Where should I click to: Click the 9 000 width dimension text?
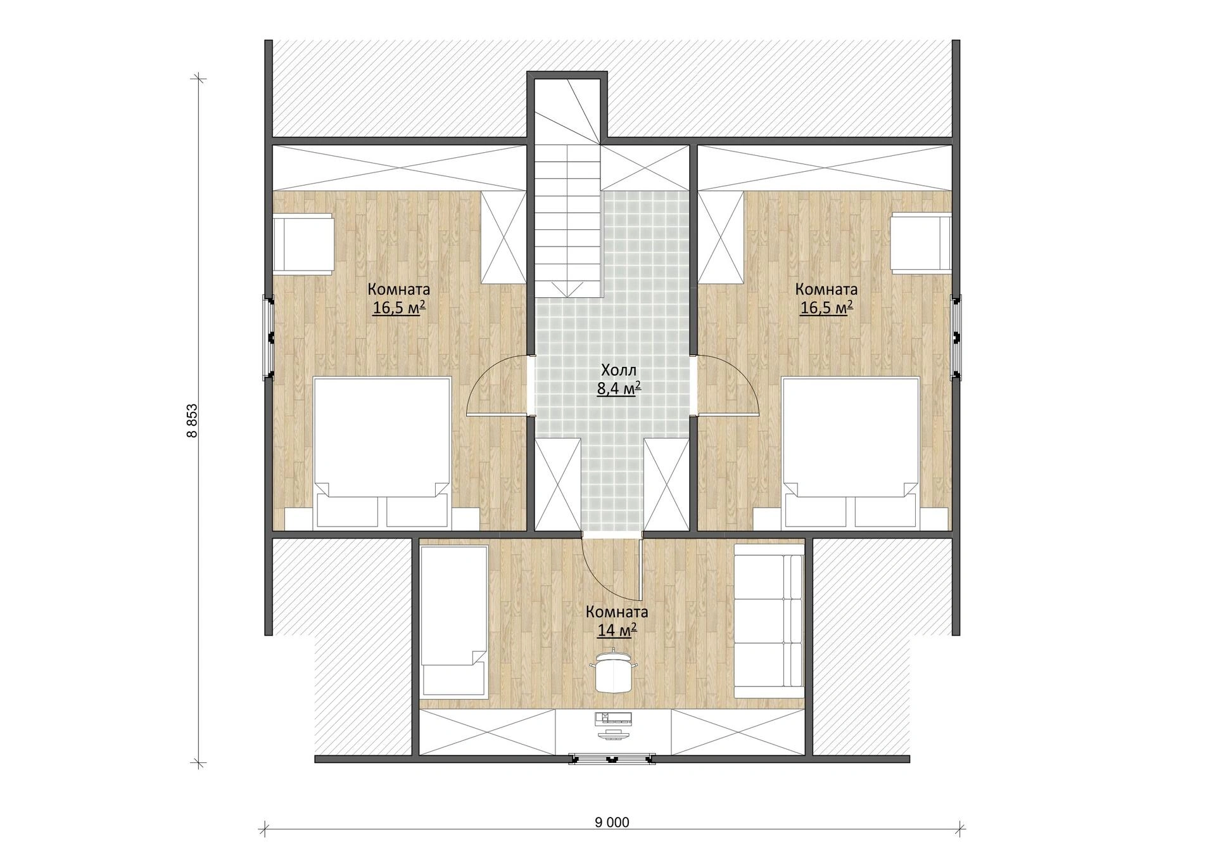(612, 822)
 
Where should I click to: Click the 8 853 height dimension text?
(192, 421)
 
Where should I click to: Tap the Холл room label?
(618, 370)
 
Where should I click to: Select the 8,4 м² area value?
(619, 388)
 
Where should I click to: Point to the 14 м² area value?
(617, 630)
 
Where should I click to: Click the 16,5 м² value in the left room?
(398, 308)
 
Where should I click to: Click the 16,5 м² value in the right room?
(826, 308)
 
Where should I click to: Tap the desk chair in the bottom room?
(613, 671)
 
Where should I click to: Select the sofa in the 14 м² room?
(769, 627)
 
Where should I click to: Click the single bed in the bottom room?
(454, 620)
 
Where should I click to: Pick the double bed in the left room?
(382, 452)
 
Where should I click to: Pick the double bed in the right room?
(851, 452)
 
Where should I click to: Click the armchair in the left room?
(303, 245)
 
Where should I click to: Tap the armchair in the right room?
(921, 245)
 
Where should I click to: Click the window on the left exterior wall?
(269, 337)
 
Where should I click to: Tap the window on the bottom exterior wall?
(611, 759)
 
